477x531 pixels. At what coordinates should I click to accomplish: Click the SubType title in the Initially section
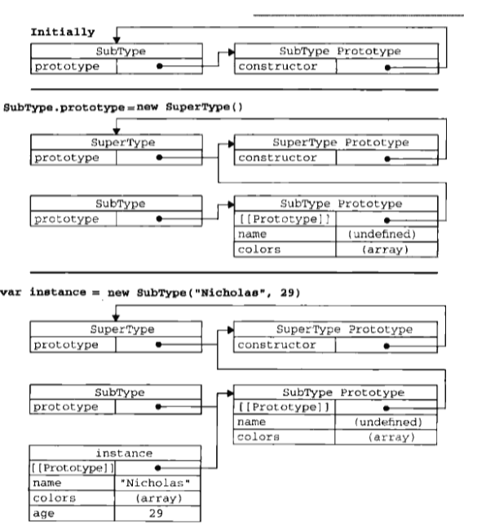coord(115,51)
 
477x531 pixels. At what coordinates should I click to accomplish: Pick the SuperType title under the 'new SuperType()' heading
coord(115,142)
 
